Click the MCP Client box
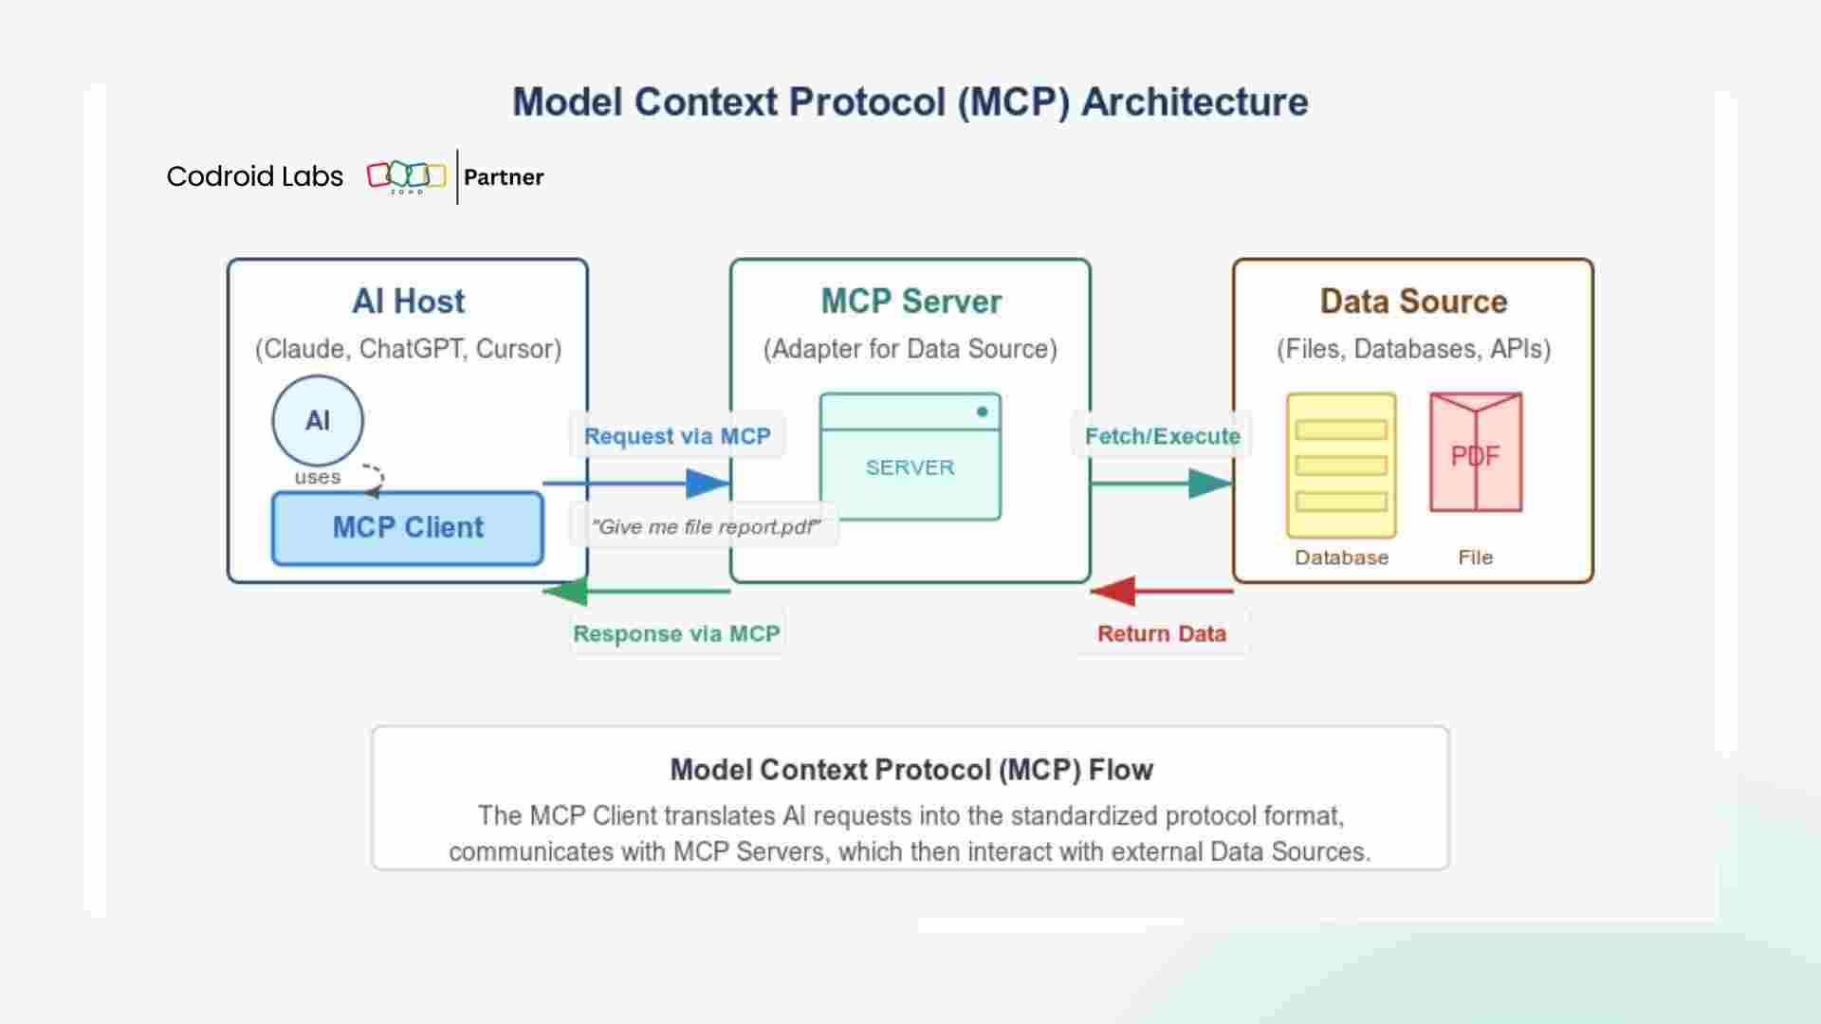click(x=407, y=528)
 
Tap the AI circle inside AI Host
click(x=318, y=420)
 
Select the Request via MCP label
click(x=677, y=436)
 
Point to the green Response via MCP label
click(x=676, y=633)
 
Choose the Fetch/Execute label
click(x=1162, y=436)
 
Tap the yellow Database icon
click(x=1341, y=465)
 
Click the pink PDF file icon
click(x=1476, y=453)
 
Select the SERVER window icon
click(x=910, y=456)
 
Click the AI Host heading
click(x=408, y=302)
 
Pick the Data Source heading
click(x=1413, y=302)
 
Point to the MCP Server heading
click(x=910, y=302)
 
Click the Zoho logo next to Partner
click(x=406, y=176)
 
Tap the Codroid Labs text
click(x=254, y=176)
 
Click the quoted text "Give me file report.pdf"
click(x=705, y=527)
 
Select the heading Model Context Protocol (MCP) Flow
click(x=910, y=770)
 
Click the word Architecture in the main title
click(x=1194, y=102)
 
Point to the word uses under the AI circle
click(x=317, y=477)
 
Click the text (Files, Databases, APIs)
click(x=1413, y=349)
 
